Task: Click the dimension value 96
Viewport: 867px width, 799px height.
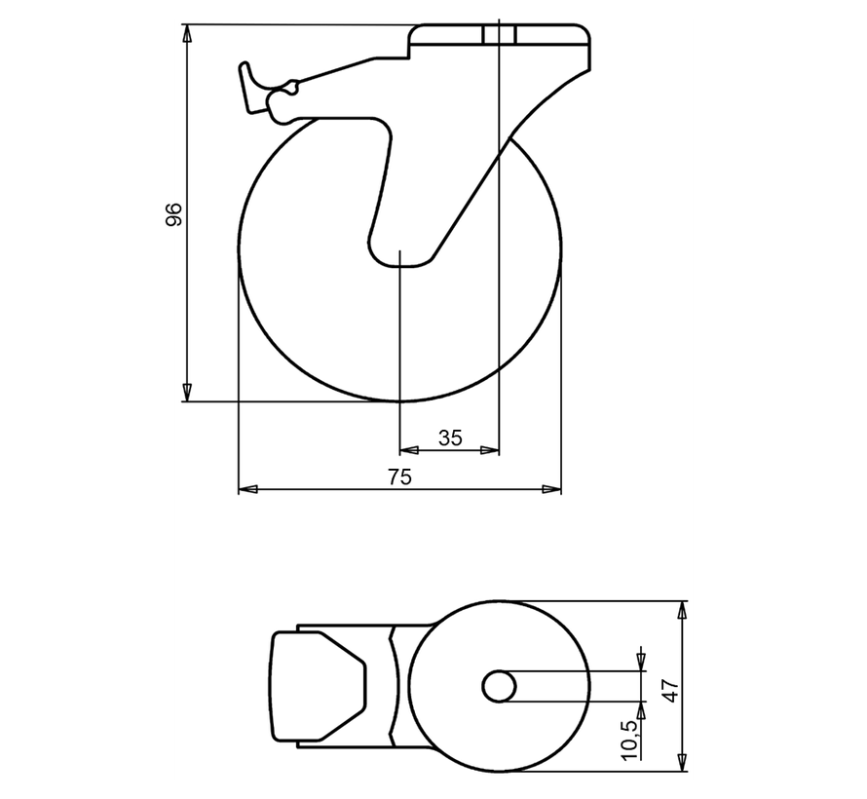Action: (x=173, y=214)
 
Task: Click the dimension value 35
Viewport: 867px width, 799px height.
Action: (x=450, y=438)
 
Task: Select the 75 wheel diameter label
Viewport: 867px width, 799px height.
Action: (x=400, y=476)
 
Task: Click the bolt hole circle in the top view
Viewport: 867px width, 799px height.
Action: (x=500, y=686)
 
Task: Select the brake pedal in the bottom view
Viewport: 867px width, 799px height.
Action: (x=318, y=686)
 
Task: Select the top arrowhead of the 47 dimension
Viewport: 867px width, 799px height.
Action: (x=683, y=611)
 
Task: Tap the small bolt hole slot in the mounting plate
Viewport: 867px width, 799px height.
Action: (x=498, y=35)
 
